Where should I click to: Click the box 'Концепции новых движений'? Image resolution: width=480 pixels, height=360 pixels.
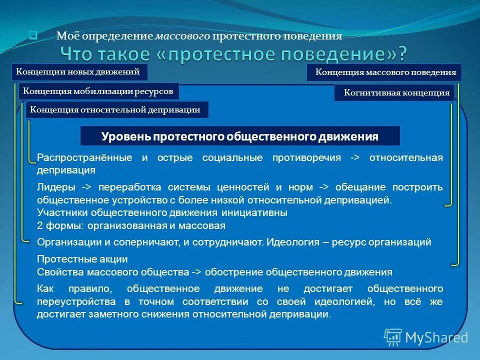(79, 72)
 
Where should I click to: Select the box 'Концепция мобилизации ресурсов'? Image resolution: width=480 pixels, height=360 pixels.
(98, 91)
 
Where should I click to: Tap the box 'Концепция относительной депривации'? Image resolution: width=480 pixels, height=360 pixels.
(116, 110)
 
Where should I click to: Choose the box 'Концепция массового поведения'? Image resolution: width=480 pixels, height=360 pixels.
(384, 72)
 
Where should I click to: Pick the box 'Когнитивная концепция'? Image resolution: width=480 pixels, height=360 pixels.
(394, 93)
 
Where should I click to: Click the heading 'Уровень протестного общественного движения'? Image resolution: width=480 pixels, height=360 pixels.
(240, 136)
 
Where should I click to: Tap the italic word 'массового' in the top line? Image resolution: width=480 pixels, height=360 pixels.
(182, 36)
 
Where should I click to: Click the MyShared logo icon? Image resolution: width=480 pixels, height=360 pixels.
(393, 337)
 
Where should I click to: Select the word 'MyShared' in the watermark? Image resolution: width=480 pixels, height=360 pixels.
(436, 338)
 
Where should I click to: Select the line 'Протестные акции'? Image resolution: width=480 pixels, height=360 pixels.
(82, 259)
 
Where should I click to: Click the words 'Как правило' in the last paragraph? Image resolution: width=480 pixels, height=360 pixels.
(69, 289)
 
